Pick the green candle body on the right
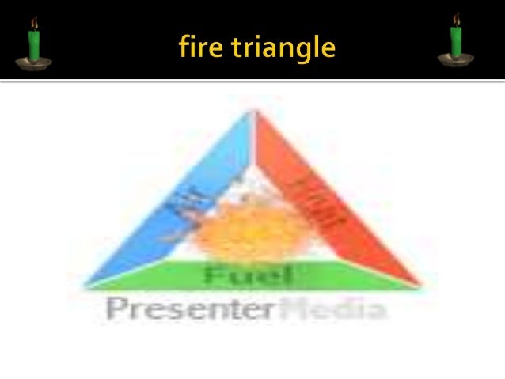[457, 42]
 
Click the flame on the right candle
[457, 19]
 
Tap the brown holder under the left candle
[35, 61]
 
